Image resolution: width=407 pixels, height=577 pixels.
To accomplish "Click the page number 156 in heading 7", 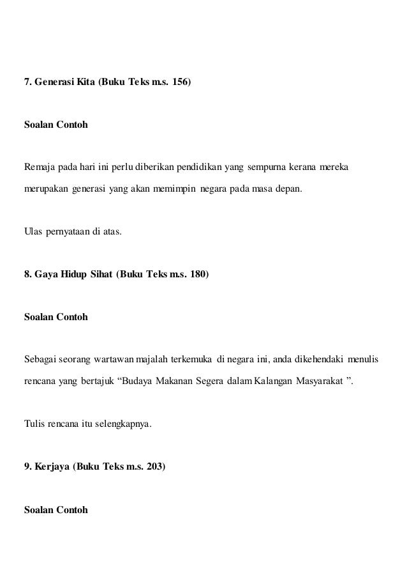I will pos(179,82).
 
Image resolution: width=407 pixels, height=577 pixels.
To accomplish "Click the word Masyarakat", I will pos(319,382).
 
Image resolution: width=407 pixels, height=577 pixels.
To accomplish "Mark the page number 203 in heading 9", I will pos(155,466).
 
